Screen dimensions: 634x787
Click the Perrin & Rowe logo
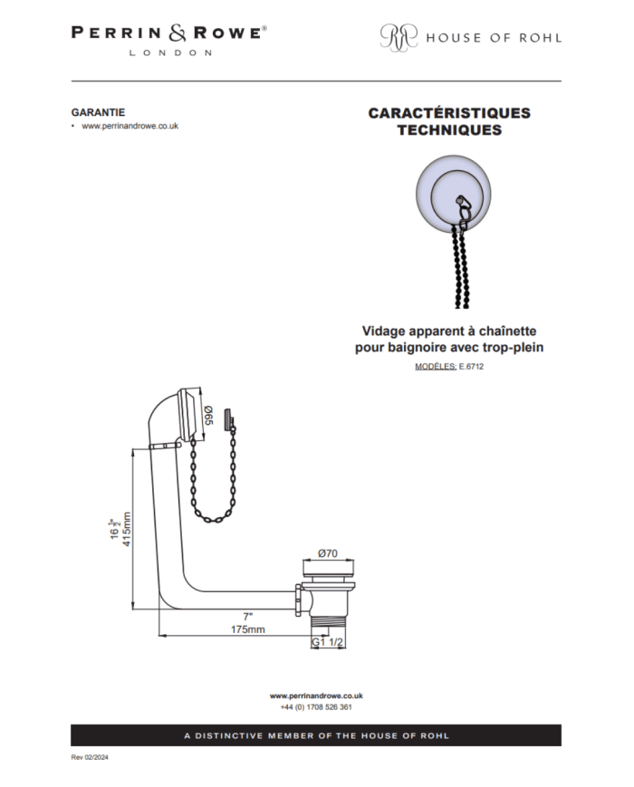[x=168, y=40]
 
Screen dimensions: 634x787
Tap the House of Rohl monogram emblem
[x=399, y=37]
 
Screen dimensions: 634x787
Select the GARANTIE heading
[x=98, y=112]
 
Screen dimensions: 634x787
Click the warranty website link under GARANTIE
[x=130, y=126]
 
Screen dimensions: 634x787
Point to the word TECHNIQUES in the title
[x=449, y=130]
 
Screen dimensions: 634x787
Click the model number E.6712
[x=471, y=367]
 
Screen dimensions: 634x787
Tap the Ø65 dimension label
[x=209, y=416]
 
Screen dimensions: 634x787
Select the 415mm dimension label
[x=127, y=529]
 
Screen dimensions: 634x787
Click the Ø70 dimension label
[x=328, y=553]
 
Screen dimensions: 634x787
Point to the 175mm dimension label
[x=248, y=629]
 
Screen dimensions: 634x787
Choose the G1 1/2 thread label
[x=327, y=642]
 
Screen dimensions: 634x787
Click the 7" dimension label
[x=248, y=617]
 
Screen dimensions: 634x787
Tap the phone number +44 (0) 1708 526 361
[x=316, y=707]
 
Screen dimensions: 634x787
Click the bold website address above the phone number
[x=316, y=696]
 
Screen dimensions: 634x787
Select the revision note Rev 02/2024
[x=90, y=757]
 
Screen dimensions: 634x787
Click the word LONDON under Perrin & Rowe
[x=170, y=53]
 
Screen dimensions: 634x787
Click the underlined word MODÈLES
[x=436, y=367]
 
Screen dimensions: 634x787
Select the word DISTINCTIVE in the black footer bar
[x=229, y=735]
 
